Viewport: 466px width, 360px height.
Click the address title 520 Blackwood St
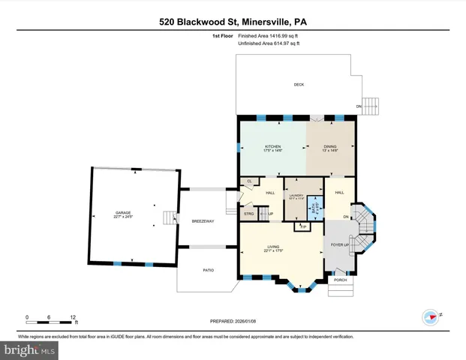[233, 22]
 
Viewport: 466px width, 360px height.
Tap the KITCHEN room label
[272, 148]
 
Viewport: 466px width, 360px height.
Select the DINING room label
[330, 148]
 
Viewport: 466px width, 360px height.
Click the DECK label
[299, 85]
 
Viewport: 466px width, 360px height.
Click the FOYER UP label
[339, 244]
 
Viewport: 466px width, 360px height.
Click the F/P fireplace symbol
[303, 226]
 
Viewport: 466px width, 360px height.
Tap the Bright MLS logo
[29, 349]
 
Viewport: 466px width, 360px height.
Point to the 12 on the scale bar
[74, 317]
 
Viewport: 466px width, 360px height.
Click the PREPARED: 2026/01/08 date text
[233, 321]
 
